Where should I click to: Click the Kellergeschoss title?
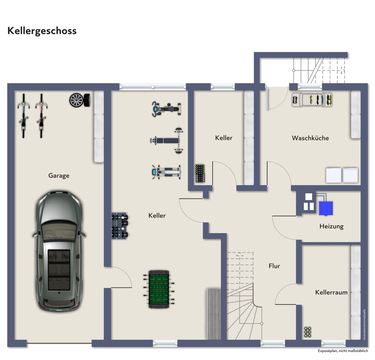coord(42,31)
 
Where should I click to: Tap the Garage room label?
coord(59,175)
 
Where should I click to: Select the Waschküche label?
coord(310,138)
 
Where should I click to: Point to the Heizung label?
coord(332,226)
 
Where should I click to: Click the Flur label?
coord(274,266)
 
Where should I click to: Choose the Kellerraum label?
coord(331,292)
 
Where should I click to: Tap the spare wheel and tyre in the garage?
coord(80,100)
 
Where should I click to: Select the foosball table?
coord(159,289)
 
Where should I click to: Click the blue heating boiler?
coord(326,208)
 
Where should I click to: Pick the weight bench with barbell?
coord(167,141)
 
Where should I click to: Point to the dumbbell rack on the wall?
coord(120,226)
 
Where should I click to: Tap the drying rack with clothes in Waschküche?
coord(312,100)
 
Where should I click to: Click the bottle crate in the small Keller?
coord(200,173)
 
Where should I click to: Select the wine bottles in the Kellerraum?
coord(307,332)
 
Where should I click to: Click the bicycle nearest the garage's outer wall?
coord(23,116)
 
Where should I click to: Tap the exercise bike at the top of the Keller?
coord(166,109)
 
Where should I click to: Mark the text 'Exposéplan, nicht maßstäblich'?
coord(343,351)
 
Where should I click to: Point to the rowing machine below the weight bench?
coord(166,172)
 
